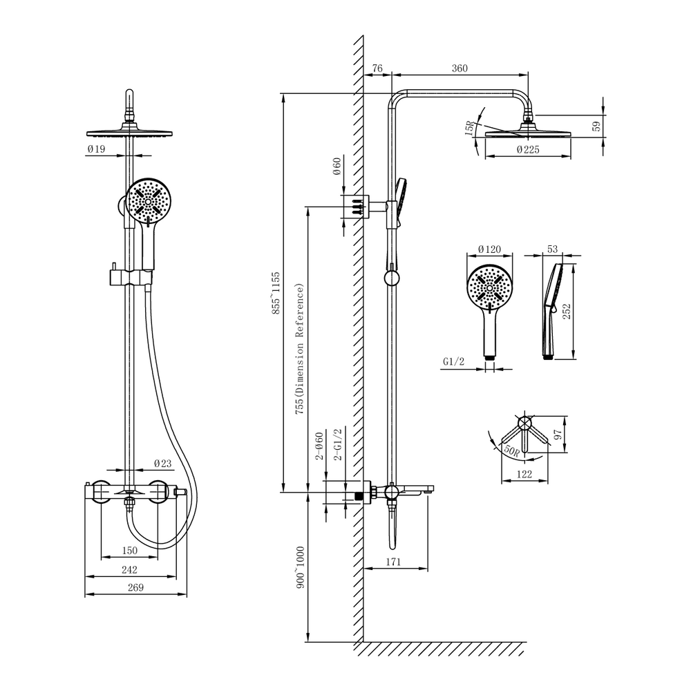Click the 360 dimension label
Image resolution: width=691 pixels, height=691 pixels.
[x=460, y=68]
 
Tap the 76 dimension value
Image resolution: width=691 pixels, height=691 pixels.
[x=377, y=68]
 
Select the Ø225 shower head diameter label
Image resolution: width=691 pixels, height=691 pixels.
[x=528, y=150]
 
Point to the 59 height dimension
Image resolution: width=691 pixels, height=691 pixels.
[x=596, y=126]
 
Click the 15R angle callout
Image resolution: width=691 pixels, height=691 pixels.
[x=470, y=127]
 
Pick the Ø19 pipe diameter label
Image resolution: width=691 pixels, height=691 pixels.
[x=97, y=149]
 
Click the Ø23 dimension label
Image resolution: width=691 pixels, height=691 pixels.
[x=162, y=463]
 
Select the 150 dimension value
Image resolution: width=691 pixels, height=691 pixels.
[x=130, y=551]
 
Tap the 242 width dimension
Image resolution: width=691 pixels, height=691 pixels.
[x=130, y=570]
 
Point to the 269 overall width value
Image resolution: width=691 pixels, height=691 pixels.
[x=135, y=587]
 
